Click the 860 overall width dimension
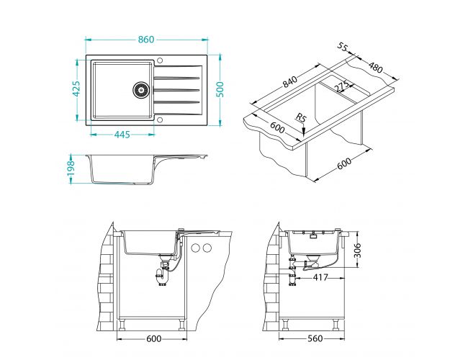point(145,40)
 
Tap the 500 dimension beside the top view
point(222,89)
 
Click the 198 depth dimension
point(71,168)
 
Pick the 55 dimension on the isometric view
point(341,48)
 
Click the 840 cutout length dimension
point(290,84)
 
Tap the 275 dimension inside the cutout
point(342,86)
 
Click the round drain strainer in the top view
point(141,89)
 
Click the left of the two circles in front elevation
point(195,249)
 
